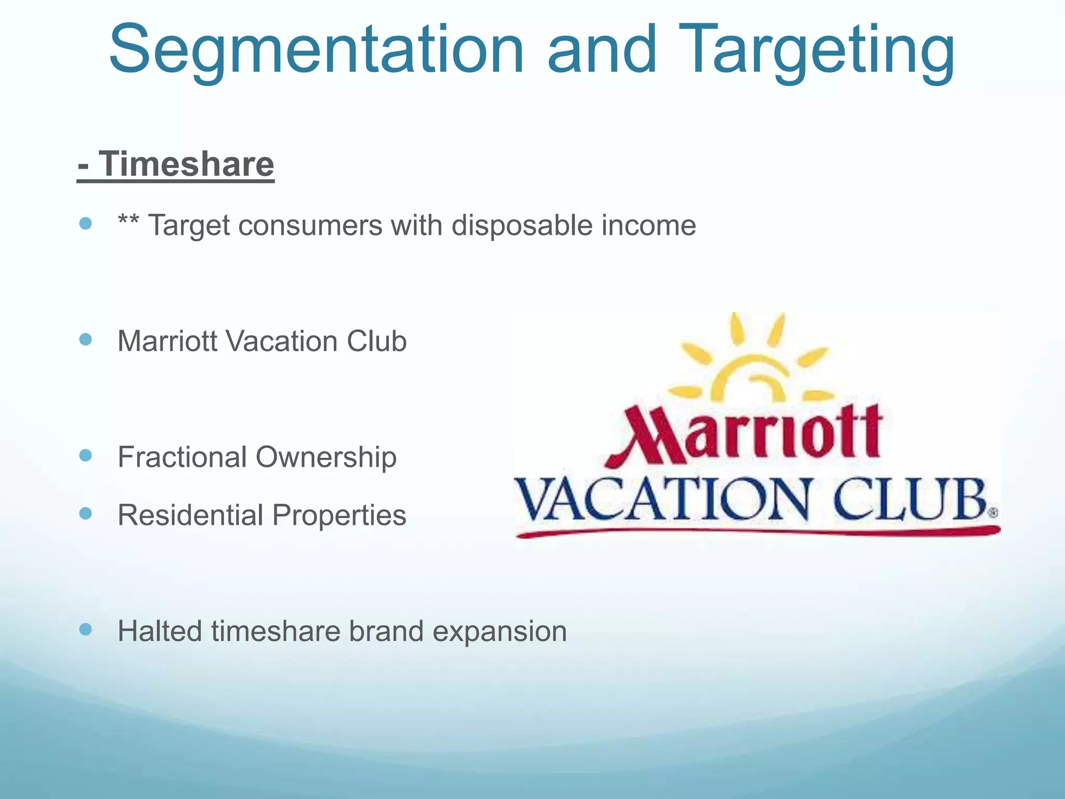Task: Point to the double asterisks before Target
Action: pyautogui.click(x=128, y=223)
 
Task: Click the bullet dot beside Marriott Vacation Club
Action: pyautogui.click(x=86, y=340)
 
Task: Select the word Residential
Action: pyautogui.click(x=190, y=516)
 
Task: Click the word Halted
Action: pyautogui.click(x=160, y=632)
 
